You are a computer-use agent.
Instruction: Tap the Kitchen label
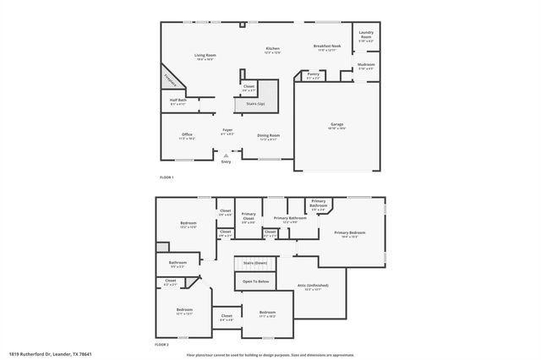point(272,49)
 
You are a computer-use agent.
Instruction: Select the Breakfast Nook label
point(327,47)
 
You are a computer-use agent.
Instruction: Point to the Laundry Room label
point(366,35)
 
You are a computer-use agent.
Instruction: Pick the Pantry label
point(314,74)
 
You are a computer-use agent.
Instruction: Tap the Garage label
point(337,124)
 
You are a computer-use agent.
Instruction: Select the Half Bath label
point(178,101)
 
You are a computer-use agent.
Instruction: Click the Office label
point(187,134)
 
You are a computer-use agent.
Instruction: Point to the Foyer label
point(227,130)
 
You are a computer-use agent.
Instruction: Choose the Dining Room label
point(269,135)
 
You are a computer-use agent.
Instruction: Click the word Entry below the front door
point(226,161)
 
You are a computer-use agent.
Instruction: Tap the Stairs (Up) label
point(255,104)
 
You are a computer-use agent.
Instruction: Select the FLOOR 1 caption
point(167,177)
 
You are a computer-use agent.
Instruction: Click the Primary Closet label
point(249,215)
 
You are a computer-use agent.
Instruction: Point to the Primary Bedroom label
point(350,232)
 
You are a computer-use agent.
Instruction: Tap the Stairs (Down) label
point(255,265)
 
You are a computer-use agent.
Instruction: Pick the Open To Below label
point(255,281)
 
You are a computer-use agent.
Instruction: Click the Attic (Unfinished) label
point(313,286)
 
